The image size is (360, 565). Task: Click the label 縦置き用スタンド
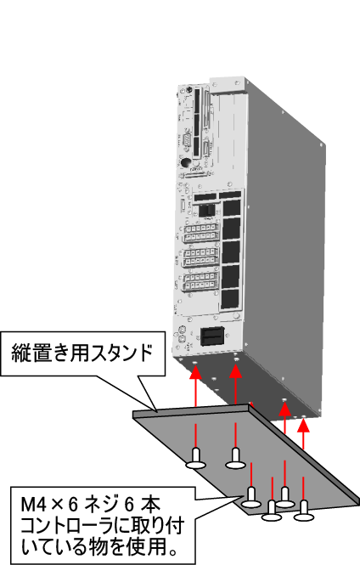(x=82, y=353)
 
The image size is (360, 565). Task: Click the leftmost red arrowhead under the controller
(x=196, y=371)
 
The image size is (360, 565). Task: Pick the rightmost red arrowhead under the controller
(x=303, y=425)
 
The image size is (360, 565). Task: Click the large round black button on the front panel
(x=185, y=163)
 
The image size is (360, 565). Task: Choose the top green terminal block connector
(x=201, y=233)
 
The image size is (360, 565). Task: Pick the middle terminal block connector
(x=201, y=257)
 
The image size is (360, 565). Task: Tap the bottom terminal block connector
(x=200, y=281)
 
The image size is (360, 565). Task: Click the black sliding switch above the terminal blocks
(x=207, y=210)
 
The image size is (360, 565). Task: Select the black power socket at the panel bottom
(x=212, y=336)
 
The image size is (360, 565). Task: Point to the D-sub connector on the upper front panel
(x=187, y=140)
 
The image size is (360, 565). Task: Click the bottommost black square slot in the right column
(x=230, y=299)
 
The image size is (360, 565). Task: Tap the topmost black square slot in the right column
(x=232, y=207)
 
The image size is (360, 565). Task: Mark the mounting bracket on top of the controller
(x=228, y=84)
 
